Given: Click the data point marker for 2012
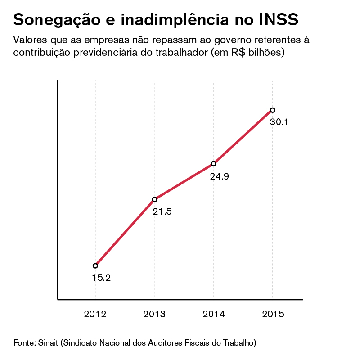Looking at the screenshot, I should [x=95, y=265].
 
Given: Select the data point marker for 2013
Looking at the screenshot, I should [x=154, y=199].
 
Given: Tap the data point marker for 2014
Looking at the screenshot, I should [x=213, y=164].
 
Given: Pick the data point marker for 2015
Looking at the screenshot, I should [x=272, y=110].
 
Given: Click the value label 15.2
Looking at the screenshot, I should [x=101, y=278].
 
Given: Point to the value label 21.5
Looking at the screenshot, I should [x=162, y=211].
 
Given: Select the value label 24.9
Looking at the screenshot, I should [x=220, y=176].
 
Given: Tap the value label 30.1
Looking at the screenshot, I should [x=279, y=122].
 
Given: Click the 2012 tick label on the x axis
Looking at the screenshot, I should [x=95, y=314].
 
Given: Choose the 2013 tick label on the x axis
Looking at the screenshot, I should [x=154, y=314].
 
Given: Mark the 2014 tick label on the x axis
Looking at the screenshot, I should [x=213, y=314].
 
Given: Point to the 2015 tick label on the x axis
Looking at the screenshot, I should [x=273, y=314].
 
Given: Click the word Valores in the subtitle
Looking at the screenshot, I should [x=30, y=39].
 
